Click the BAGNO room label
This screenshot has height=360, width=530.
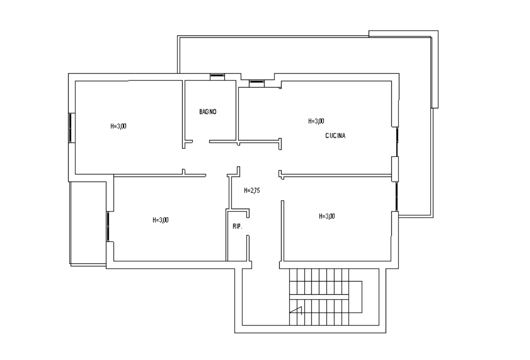(x=208, y=112)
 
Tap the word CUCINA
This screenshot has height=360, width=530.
(x=336, y=136)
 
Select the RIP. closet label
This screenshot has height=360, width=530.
(x=237, y=227)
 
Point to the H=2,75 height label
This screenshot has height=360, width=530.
(x=252, y=191)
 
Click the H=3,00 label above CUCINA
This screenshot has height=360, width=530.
(x=316, y=121)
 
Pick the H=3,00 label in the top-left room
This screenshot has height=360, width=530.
(x=118, y=126)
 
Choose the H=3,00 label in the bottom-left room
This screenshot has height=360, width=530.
(x=160, y=220)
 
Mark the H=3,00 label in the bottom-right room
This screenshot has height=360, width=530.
(x=327, y=216)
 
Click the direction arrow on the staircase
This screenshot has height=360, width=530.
(x=296, y=310)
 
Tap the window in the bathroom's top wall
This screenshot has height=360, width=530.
(x=217, y=77)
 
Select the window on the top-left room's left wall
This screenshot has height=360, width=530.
(x=71, y=128)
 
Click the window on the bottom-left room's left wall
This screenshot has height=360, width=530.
(x=108, y=226)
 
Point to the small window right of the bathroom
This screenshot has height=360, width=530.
(x=257, y=83)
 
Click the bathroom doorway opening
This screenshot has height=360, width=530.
(x=201, y=141)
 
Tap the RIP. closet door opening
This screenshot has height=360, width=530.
(x=248, y=227)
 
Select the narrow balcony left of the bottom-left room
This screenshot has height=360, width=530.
(x=88, y=223)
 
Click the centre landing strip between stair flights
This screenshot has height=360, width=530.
(x=319, y=297)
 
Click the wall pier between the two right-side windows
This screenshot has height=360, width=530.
(x=395, y=169)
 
